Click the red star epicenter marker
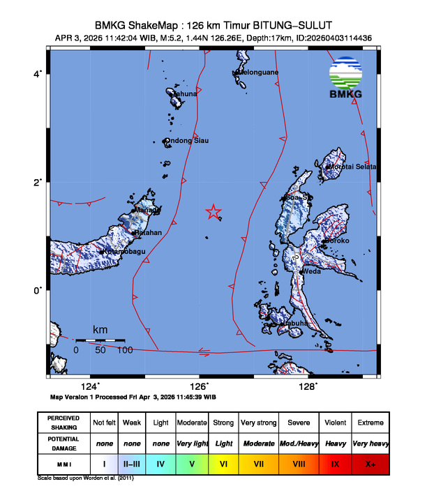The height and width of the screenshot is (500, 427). click(213, 213)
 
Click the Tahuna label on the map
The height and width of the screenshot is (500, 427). click(185, 93)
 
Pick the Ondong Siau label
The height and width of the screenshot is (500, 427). click(188, 141)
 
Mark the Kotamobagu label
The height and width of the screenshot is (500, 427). click(123, 251)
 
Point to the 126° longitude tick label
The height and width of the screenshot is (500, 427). click(200, 387)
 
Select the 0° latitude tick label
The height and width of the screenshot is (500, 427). click(40, 290)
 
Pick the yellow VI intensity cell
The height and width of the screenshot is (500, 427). click(223, 462)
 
